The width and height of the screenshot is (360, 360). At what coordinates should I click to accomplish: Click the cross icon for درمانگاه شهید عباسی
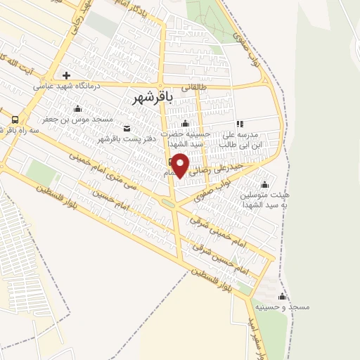tap(67, 75)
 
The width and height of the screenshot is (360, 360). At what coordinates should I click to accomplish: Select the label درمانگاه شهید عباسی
tap(67, 86)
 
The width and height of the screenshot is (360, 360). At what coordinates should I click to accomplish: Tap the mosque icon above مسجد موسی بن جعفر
tap(77, 108)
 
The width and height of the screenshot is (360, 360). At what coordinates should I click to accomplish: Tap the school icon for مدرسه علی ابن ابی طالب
tap(239, 123)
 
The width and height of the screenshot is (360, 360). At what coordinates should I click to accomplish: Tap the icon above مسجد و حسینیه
tap(283, 296)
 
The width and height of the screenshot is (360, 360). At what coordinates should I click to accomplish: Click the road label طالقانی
tap(195, 87)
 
